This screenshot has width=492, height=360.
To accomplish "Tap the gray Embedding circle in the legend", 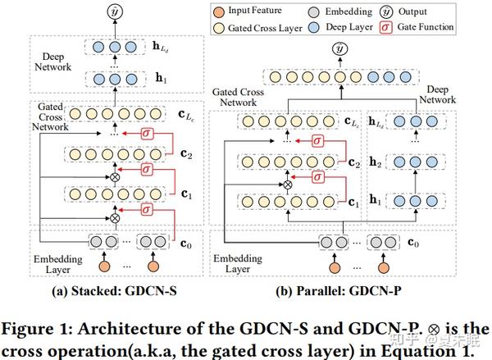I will [x=324, y=11].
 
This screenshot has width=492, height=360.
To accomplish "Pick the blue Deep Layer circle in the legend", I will [x=324, y=27].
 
